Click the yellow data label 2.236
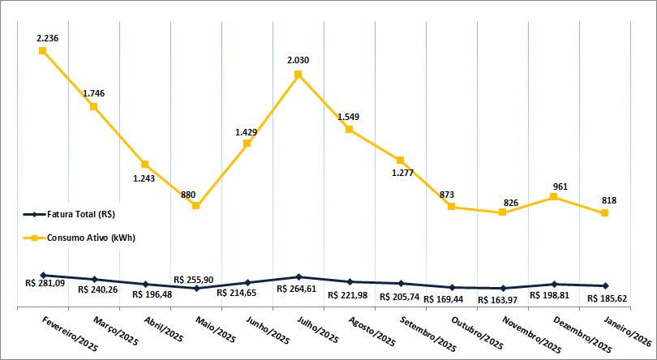48,38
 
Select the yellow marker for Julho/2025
298,75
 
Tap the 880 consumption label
188,195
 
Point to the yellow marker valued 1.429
247,144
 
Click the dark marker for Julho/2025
298,277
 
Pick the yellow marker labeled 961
554,196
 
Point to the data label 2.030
298,60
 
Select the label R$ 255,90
194,279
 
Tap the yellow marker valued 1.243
145,164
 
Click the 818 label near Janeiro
608,199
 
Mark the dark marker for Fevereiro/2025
43,276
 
